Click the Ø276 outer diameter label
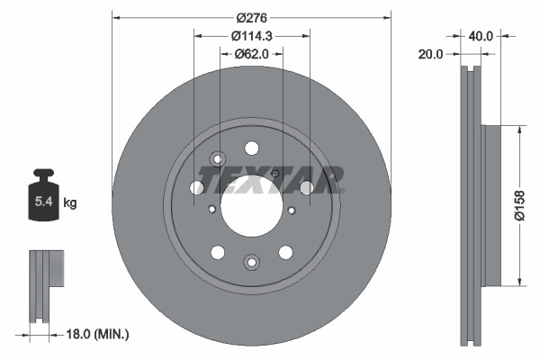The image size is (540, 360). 251,15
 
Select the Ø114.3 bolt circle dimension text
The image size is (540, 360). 252,36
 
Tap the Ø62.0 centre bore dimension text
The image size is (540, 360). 252,54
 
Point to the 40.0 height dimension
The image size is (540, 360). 481,36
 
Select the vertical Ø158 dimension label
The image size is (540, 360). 519,205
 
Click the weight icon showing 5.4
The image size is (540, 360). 42,199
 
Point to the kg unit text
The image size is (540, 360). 70,203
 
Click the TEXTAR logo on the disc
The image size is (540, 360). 271,181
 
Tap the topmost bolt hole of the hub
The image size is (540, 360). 252,148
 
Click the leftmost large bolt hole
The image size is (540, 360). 197,187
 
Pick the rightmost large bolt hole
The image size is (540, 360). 306,187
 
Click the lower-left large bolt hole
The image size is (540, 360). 218,251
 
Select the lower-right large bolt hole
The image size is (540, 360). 285,251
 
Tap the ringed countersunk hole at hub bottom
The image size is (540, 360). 251,262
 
